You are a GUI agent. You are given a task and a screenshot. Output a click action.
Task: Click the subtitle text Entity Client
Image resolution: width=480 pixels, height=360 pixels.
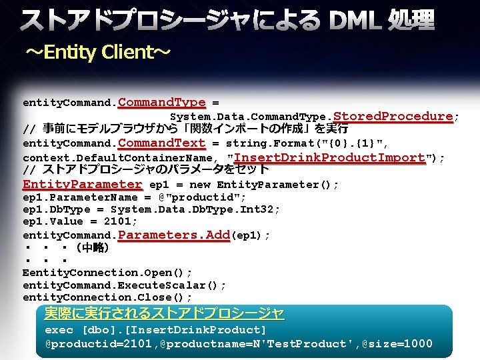click(x=99, y=53)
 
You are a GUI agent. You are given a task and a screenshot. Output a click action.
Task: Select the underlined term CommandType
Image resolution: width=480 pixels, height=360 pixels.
click(x=162, y=103)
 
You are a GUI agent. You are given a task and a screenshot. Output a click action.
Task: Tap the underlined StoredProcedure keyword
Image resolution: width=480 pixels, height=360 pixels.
click(x=393, y=117)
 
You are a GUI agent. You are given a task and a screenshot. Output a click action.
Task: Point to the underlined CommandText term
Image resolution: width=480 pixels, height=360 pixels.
click(x=162, y=143)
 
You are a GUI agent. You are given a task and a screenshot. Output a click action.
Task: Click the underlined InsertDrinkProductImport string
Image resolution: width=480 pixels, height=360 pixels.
click(x=330, y=157)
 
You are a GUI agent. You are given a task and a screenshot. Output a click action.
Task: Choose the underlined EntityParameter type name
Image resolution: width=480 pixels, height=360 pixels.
click(x=83, y=184)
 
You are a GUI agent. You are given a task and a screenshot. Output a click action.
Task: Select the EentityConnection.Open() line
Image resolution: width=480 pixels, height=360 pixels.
click(x=107, y=273)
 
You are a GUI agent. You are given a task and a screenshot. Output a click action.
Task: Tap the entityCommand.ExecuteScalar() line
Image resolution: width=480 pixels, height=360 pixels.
click(x=124, y=285)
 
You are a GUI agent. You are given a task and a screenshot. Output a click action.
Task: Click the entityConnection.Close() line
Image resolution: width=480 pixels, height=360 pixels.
click(x=107, y=297)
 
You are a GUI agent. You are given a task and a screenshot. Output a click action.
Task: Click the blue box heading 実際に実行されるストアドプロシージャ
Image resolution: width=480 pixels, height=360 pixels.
click(x=164, y=313)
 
